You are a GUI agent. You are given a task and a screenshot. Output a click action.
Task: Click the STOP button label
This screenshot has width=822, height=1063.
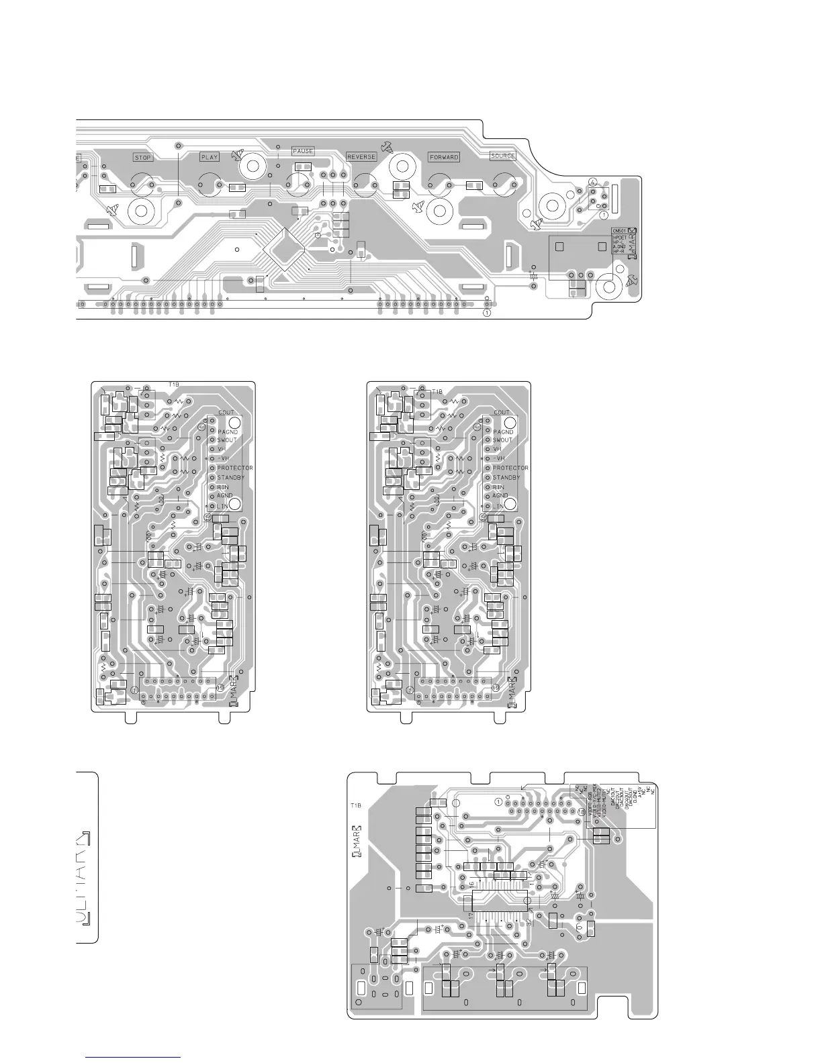143,158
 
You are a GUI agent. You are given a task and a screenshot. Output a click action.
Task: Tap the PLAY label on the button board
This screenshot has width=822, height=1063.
210,158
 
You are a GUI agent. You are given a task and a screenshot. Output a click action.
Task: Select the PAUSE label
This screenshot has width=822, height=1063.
303,151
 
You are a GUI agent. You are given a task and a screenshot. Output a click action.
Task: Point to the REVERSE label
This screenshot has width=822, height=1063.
361,157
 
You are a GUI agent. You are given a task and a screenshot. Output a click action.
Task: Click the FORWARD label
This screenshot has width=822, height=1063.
444,157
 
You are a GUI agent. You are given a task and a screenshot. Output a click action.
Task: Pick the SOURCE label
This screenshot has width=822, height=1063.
503,156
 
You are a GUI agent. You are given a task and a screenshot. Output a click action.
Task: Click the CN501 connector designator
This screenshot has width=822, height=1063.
619,231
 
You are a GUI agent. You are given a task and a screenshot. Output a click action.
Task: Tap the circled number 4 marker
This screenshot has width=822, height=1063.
592,182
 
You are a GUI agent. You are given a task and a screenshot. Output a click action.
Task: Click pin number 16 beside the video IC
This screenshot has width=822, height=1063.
471,884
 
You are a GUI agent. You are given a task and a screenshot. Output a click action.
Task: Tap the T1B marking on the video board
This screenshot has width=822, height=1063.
356,805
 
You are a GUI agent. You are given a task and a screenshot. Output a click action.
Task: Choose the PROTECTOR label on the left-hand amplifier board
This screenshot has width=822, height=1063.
234,468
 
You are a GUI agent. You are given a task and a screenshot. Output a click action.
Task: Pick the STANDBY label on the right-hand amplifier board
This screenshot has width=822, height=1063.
506,477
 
